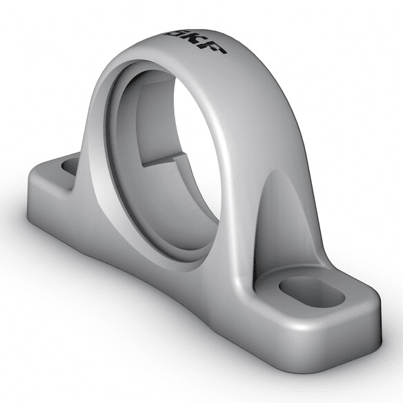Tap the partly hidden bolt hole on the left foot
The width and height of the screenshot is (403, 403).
pos(70,166)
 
